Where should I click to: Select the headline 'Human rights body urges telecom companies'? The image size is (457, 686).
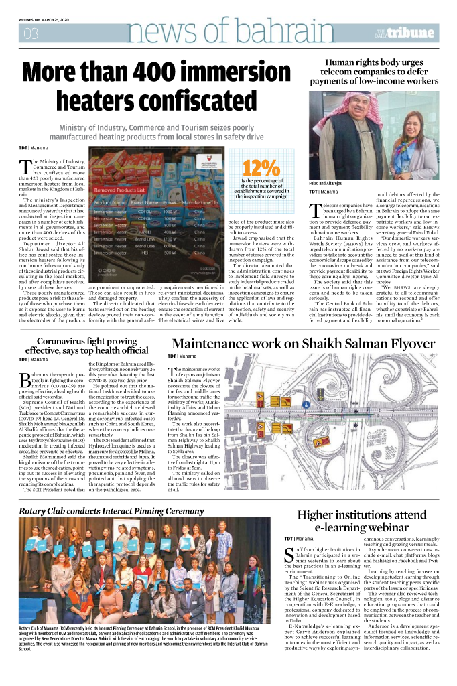(378, 72)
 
